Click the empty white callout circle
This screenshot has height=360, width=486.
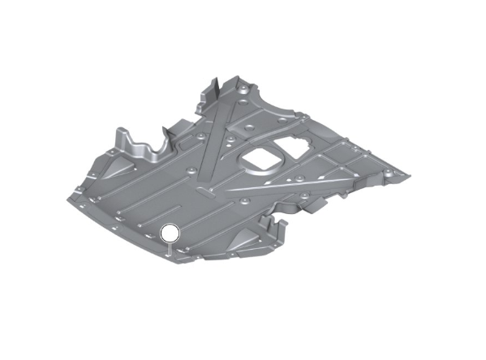(x=170, y=234)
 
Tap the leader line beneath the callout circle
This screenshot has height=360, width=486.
(x=170, y=250)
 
